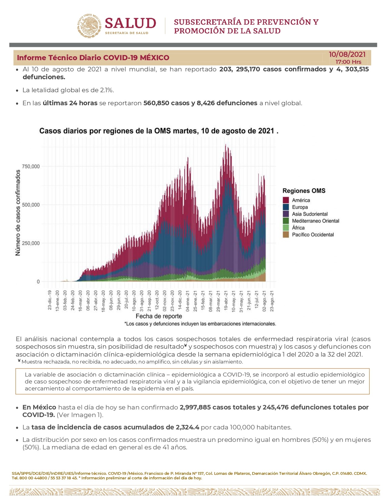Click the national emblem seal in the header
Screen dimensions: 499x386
pos(89,26)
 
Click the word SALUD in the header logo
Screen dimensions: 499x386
pos(130,24)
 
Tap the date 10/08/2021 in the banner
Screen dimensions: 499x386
pos(347,54)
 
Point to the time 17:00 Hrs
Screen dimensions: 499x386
pos(348,62)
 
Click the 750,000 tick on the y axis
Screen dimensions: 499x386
pos(31,166)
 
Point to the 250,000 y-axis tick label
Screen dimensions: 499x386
pos(31,243)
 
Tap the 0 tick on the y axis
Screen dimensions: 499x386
pos(38,282)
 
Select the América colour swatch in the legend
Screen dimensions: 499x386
pos(286,200)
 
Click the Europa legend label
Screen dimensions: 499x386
pos(300,207)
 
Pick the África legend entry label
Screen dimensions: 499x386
pos(298,228)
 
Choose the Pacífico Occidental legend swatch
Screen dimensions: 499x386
pos(286,235)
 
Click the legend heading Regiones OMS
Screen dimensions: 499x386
pos(304,191)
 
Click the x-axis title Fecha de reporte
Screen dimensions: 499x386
pos(159,316)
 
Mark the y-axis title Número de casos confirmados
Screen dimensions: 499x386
pos(18,213)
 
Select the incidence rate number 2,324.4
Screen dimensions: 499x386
pos(187,427)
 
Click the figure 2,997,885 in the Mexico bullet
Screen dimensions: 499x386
pos(195,407)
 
